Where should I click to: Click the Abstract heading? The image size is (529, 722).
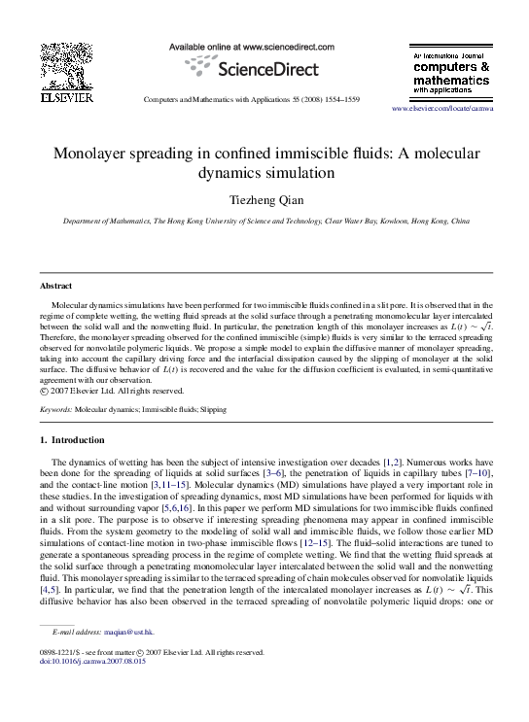click(54, 287)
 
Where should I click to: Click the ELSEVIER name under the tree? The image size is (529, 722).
click(66, 98)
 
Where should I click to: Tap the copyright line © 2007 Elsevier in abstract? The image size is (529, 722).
click(112, 391)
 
